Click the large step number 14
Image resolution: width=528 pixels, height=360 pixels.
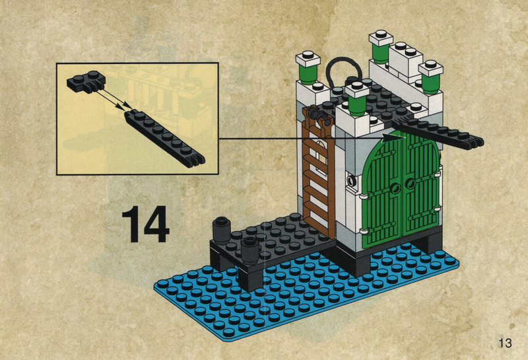pos(145,224)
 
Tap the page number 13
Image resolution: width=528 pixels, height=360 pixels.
pos(505,343)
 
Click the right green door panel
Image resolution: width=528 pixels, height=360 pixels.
pos(421,186)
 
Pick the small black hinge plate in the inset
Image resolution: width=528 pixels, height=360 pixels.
pos(86,82)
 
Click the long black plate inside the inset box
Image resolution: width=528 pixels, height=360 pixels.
pos(164,138)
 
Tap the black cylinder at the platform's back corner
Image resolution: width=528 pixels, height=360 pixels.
pos(221,231)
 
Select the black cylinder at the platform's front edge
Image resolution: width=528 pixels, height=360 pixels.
pos(250,250)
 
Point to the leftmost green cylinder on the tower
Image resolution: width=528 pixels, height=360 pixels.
pos(308,75)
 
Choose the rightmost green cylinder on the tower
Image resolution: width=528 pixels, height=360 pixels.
pos(431,84)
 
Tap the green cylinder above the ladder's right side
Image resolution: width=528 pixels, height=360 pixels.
pos(357,105)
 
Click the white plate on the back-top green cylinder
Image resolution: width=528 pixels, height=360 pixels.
pos(381,38)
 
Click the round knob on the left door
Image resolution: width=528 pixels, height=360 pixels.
pos(394,187)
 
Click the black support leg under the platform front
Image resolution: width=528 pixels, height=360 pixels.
pos(250,279)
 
